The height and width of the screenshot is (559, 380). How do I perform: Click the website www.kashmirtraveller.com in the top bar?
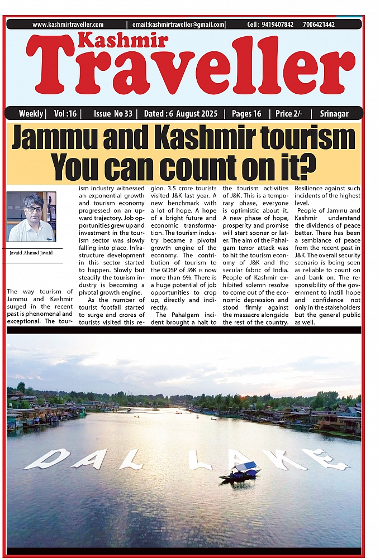pyautogui.click(x=68, y=25)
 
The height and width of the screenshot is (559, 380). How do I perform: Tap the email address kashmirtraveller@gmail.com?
pyautogui.click(x=179, y=25)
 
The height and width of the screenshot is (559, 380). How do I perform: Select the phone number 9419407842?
pyautogui.click(x=278, y=25)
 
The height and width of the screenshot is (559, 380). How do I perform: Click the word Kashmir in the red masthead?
pyautogui.click(x=122, y=41)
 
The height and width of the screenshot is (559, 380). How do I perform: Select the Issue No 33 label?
pyautogui.click(x=113, y=114)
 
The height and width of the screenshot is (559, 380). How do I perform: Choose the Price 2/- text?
pyautogui.click(x=289, y=114)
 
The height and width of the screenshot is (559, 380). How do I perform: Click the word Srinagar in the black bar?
pyautogui.click(x=334, y=114)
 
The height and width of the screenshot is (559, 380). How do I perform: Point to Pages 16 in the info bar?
pyautogui.click(x=246, y=114)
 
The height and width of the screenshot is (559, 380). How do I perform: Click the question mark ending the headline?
pyautogui.click(x=307, y=165)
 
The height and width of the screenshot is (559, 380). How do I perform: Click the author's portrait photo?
pyautogui.click(x=31, y=217)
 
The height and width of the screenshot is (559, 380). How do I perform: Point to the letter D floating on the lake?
pyautogui.click(x=48, y=458)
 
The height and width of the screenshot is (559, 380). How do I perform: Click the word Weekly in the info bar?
pyautogui.click(x=31, y=114)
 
